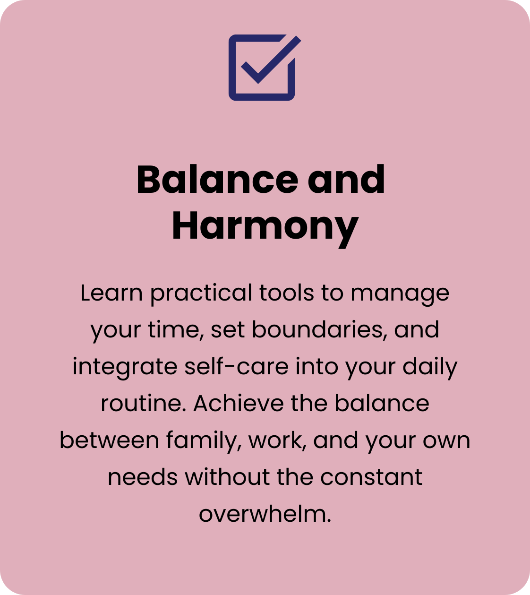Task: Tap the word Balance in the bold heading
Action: coord(217,180)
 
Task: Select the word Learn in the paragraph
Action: coord(111,293)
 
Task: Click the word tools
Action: coord(287,293)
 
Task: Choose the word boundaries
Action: coord(318,330)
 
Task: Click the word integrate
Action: coord(125,368)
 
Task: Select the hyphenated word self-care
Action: coord(236,366)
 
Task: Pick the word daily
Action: coord(430,368)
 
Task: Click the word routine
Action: coord(144,404)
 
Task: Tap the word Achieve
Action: coord(239,403)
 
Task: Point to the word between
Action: coord(109,440)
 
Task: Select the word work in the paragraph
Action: coord(277,440)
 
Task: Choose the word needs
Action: coord(143,477)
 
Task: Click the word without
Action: coord(227,477)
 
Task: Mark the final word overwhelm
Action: coord(265,514)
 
